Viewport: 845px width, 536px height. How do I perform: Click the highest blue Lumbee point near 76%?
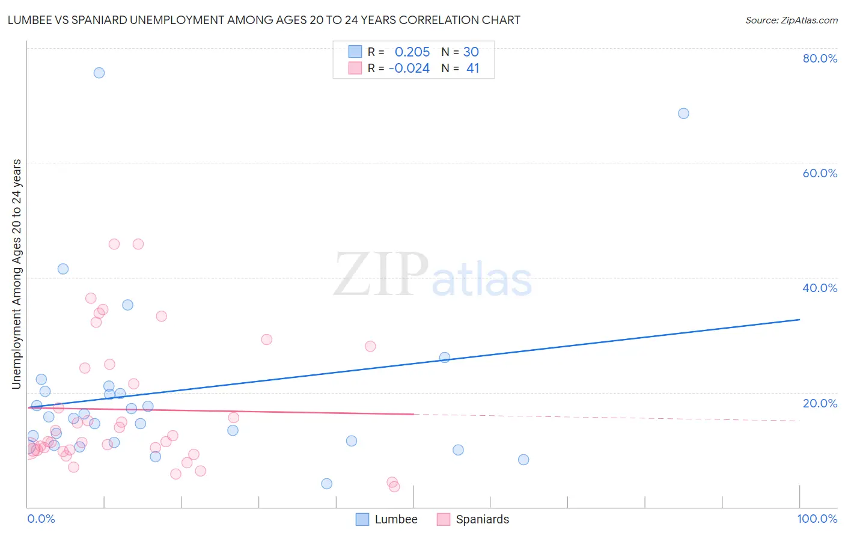(x=99, y=73)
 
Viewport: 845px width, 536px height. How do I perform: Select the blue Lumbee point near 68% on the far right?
(x=683, y=114)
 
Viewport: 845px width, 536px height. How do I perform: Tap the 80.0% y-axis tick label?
(x=820, y=58)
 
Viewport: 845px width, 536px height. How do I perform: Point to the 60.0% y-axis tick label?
(x=820, y=173)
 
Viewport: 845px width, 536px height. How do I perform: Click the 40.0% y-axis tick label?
(x=820, y=288)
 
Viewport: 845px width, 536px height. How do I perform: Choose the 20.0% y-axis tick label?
(x=820, y=403)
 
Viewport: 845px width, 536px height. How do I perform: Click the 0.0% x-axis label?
(x=41, y=519)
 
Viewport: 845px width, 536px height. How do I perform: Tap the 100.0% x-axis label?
(x=817, y=519)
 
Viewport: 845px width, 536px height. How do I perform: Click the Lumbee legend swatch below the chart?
(x=362, y=519)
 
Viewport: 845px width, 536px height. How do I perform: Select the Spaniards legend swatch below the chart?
(x=443, y=519)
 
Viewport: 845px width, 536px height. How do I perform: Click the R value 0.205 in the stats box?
(x=412, y=52)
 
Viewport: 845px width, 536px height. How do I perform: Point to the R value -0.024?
(x=409, y=69)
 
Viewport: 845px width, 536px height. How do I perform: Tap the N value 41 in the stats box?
(x=473, y=69)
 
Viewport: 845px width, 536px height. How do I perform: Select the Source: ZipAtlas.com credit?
(x=791, y=20)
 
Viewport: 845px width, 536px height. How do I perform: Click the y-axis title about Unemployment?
(x=16, y=274)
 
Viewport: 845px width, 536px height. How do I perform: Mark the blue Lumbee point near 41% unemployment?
(x=63, y=269)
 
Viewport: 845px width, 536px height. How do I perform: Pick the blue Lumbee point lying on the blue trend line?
(x=445, y=358)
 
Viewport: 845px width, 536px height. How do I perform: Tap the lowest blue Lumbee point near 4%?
(x=326, y=484)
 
